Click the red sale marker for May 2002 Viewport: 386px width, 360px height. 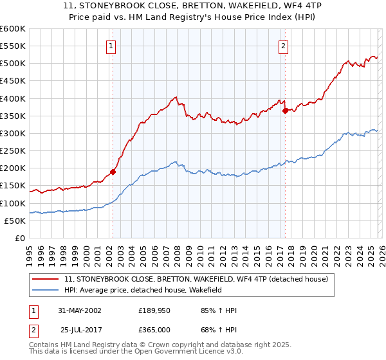pyautogui.click(x=113, y=172)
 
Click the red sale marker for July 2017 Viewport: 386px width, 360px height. pyautogui.click(x=285, y=111)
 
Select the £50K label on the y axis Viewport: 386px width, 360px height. pyautogui.click(x=15, y=221)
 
